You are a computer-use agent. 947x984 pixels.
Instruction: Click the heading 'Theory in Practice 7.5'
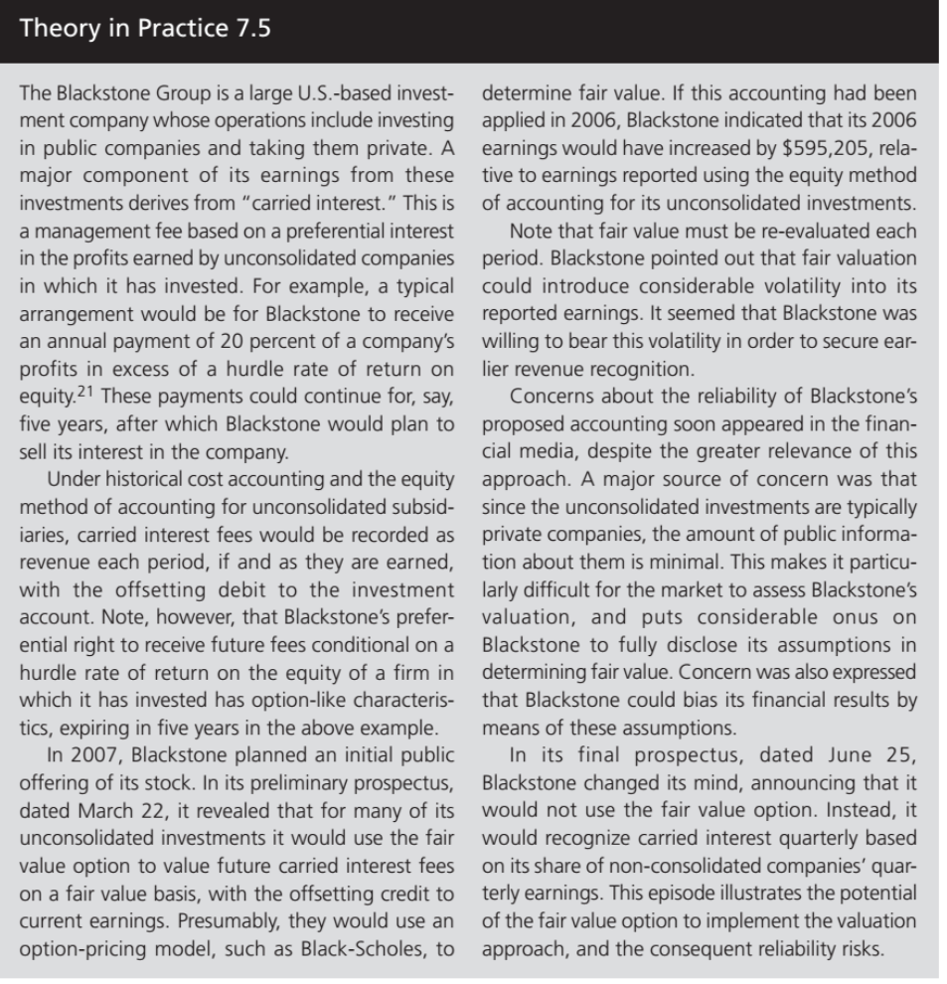[145, 27]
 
